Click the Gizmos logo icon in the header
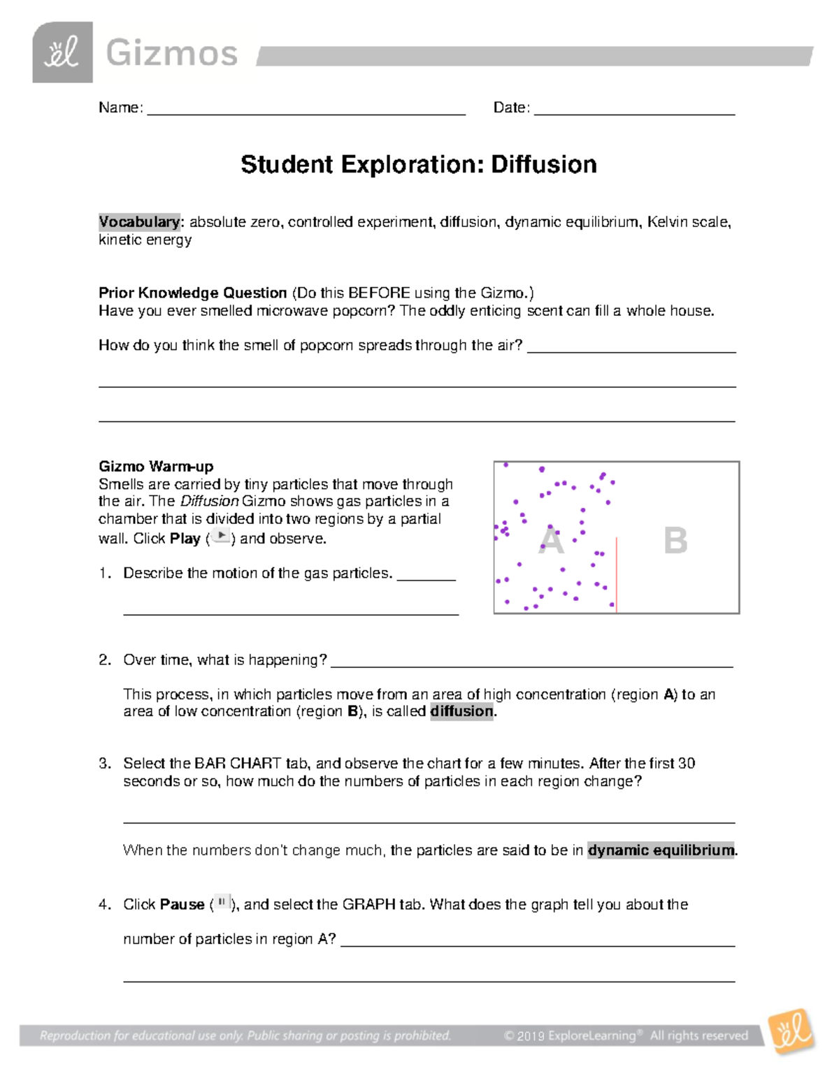[62, 52]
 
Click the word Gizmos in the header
[171, 53]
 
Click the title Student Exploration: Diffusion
[419, 165]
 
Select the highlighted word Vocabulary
[139, 222]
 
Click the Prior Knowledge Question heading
[193, 293]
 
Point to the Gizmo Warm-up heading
[156, 467]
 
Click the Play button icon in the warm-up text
[221, 537]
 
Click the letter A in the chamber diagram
[551, 541]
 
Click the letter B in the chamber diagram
[675, 541]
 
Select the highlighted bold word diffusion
[461, 711]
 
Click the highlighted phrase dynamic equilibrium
[661, 850]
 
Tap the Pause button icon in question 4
[222, 903]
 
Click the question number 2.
[105, 660]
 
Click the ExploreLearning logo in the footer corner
[791, 1031]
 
